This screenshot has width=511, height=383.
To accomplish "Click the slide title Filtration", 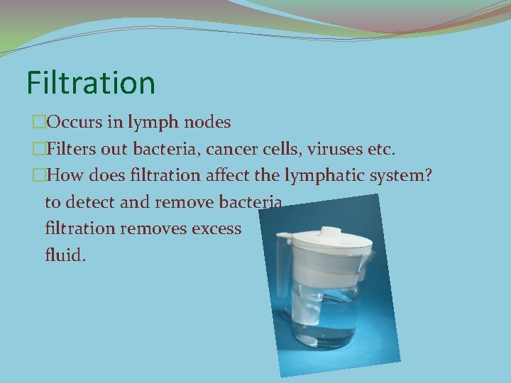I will (x=91, y=82).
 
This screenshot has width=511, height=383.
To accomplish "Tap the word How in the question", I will (x=69, y=175).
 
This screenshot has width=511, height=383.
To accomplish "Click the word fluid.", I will (x=65, y=255).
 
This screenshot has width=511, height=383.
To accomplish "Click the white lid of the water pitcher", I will (x=326, y=241).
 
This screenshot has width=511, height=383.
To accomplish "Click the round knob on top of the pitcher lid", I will (x=329, y=231).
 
